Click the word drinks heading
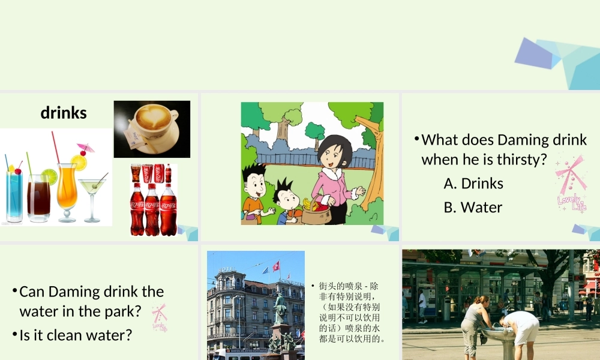[x=64, y=112]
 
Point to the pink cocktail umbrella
[x=85, y=148]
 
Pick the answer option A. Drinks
[x=473, y=183]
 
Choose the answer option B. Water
[x=473, y=207]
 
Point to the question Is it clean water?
[x=76, y=335]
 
